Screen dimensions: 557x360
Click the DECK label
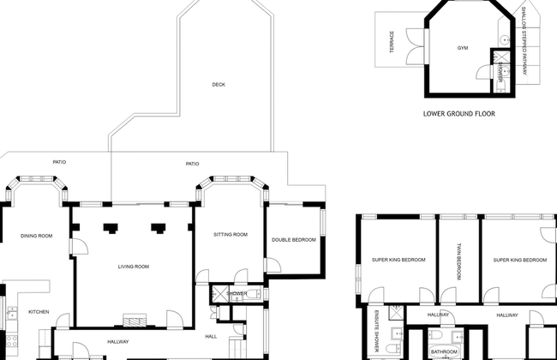(219, 85)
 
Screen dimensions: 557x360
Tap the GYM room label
(463, 48)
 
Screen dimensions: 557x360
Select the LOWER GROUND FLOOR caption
(459, 114)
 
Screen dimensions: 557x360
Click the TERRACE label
(392, 42)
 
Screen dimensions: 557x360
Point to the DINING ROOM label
(37, 236)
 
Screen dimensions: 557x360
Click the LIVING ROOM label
(134, 267)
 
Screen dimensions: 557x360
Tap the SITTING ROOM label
(231, 235)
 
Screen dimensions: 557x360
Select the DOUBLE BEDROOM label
(294, 240)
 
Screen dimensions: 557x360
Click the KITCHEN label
(39, 312)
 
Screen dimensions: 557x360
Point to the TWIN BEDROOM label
(458, 261)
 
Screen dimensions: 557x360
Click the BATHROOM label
(445, 351)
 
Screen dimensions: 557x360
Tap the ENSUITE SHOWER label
(377, 331)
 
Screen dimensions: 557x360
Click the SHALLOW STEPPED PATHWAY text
(524, 41)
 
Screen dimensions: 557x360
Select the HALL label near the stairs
(211, 337)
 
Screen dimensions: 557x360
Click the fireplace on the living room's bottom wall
(135, 320)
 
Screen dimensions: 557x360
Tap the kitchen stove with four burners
(12, 341)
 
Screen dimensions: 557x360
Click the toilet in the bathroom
(435, 335)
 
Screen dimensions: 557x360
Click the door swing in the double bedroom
(273, 265)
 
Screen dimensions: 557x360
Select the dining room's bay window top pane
(37, 178)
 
